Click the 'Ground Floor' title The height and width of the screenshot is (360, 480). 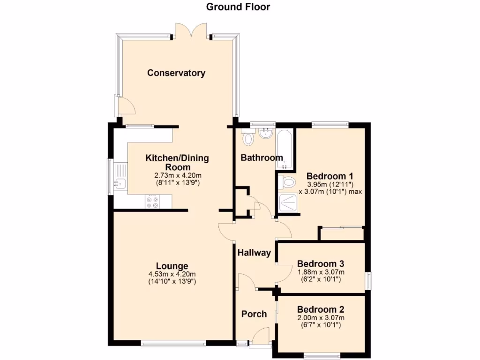coord(238,7)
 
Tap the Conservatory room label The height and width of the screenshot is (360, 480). coord(176,73)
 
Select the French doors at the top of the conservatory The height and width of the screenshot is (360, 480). coord(190,31)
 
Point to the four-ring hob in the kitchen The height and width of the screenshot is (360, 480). coord(153,202)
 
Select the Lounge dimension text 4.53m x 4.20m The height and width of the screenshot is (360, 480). coord(172,275)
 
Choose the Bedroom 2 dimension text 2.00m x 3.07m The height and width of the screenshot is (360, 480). coord(321,318)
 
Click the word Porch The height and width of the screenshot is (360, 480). coord(254,314)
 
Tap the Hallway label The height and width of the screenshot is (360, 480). coord(254,253)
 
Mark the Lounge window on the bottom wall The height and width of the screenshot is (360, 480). coord(173,344)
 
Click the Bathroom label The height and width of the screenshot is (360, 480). coord(262,158)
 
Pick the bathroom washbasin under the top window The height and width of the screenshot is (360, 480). coord(265,134)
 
